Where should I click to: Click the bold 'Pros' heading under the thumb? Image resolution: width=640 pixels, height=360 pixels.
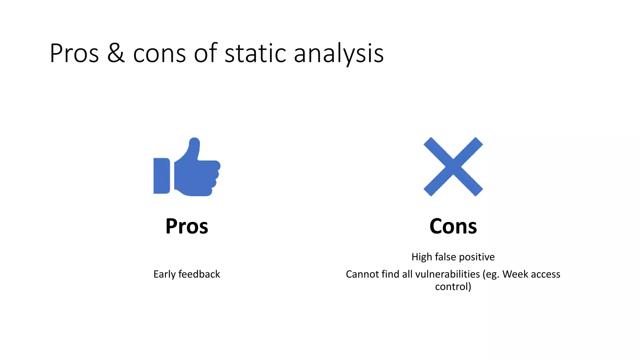[x=187, y=226]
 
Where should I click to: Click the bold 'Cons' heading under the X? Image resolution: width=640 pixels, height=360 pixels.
[x=453, y=226]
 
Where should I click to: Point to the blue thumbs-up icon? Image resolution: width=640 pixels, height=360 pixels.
[x=187, y=167]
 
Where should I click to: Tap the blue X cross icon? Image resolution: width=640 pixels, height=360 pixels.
[x=453, y=167]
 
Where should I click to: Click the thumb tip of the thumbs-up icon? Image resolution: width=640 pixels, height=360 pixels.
[x=194, y=142]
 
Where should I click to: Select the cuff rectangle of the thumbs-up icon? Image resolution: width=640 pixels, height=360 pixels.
[x=162, y=176]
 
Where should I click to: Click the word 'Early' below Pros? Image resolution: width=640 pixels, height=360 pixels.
[x=164, y=274]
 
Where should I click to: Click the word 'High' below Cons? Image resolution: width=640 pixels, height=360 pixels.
[x=422, y=257]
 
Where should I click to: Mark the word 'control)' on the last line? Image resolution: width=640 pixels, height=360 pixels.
[x=453, y=287]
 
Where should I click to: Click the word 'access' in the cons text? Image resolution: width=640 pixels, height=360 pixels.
[x=546, y=274]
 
